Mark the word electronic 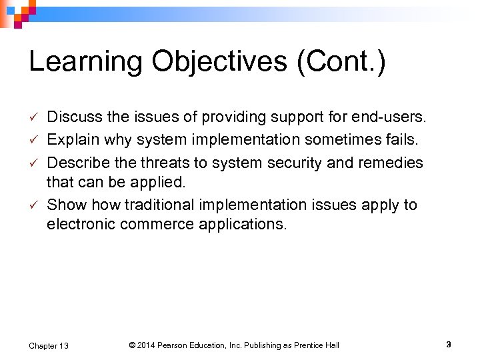coord(81,225)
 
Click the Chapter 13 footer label coord(48,345)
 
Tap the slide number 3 coord(449,345)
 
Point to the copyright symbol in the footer coord(132,345)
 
